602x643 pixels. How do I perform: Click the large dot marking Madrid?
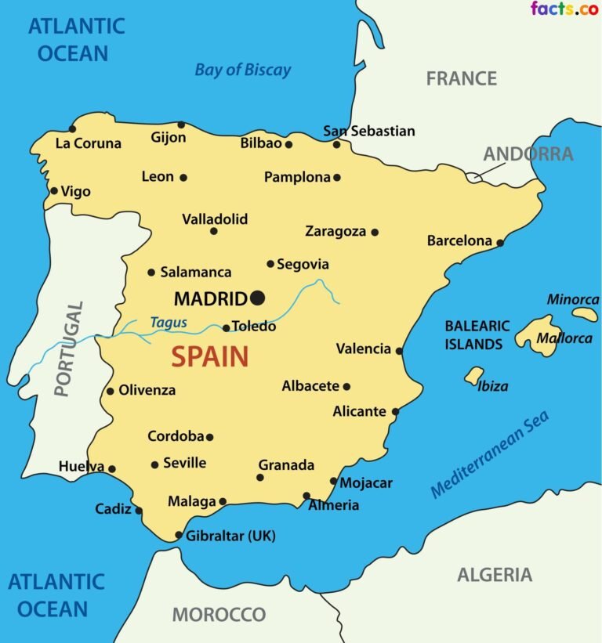click(257, 298)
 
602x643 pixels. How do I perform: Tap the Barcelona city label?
click(459, 240)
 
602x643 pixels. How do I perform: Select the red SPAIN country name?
click(210, 357)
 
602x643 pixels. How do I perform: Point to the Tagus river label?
click(168, 322)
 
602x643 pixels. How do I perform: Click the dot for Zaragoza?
click(375, 232)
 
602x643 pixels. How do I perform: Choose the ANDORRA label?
click(528, 154)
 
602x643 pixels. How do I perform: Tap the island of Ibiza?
click(473, 376)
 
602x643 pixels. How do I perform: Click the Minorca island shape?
click(585, 314)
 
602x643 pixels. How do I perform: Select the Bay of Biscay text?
click(242, 70)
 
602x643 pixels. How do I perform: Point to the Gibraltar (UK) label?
click(230, 536)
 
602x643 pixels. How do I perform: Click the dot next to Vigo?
click(54, 190)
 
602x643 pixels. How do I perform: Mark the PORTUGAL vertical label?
click(67, 349)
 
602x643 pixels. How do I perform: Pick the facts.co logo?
click(564, 9)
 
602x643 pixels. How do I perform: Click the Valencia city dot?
click(399, 351)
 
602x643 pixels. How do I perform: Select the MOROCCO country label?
click(219, 614)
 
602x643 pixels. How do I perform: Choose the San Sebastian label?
click(369, 131)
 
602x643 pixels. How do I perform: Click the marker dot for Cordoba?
click(209, 437)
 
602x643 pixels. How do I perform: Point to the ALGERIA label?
click(495, 575)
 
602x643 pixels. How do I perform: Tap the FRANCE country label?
click(461, 78)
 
